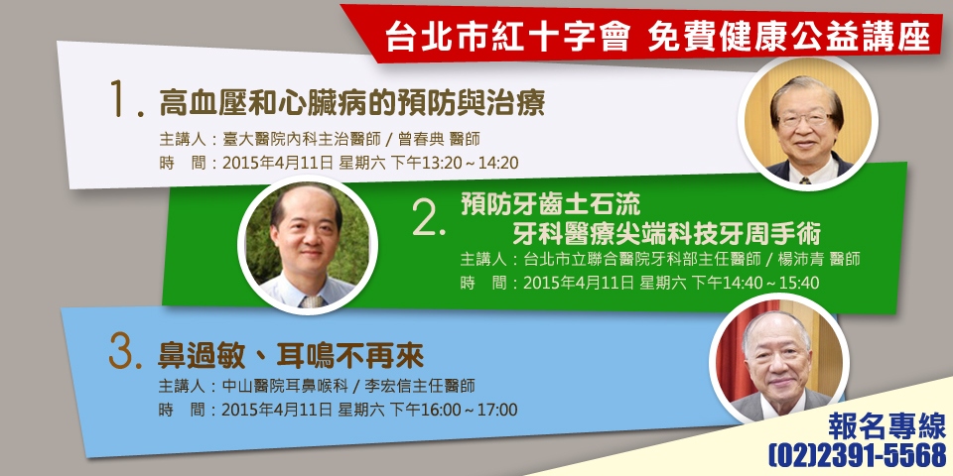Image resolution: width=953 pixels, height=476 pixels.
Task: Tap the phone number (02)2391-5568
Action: tap(858, 454)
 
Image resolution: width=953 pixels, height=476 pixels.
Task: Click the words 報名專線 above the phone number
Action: tap(887, 425)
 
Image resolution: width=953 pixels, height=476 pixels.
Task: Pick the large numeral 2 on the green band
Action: tap(428, 217)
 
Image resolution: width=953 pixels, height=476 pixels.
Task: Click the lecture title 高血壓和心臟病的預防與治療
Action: tap(351, 102)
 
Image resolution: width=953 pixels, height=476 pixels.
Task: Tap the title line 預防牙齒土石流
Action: tap(551, 204)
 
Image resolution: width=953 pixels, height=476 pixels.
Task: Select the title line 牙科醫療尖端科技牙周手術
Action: tap(666, 234)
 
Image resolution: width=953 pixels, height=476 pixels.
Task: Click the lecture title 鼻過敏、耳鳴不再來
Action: tap(291, 356)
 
